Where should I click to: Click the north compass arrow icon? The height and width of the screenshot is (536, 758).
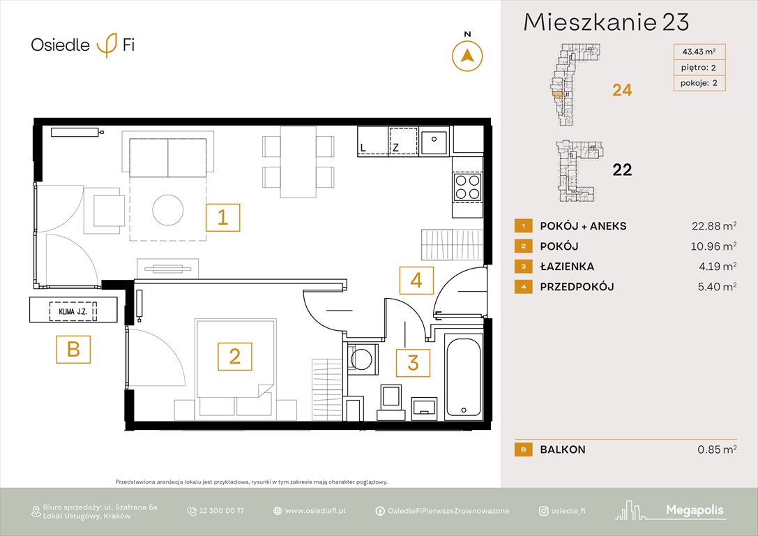pos(468,55)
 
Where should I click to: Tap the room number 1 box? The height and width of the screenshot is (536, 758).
pos(222,217)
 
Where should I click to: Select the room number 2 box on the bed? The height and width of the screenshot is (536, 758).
pos(235,357)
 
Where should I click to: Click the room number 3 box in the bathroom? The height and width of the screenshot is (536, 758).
pos(413,363)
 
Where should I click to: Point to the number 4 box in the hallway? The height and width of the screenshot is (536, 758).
pos(416,281)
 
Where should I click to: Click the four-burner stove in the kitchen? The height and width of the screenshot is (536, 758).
pos(467,186)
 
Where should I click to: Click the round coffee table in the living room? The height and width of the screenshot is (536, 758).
pos(168,209)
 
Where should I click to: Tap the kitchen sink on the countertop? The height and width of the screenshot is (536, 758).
pos(434,141)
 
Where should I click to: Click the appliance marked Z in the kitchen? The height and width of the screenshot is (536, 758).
pos(403,140)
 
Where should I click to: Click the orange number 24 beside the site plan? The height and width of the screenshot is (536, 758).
pos(621,90)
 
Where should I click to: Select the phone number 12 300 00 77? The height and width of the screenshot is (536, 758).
pos(221,511)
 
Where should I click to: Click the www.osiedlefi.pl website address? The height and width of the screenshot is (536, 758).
pos(315,511)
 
